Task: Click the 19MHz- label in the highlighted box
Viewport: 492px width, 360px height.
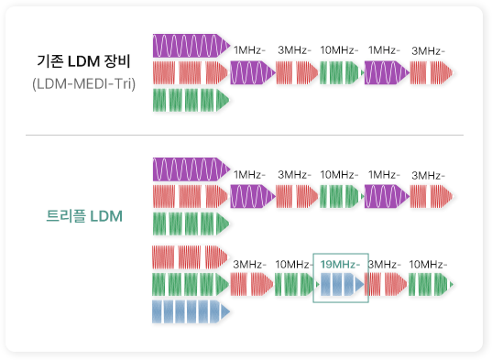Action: click(339, 265)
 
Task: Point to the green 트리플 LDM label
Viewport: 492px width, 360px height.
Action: click(84, 217)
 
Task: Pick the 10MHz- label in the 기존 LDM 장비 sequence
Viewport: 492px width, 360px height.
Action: click(339, 49)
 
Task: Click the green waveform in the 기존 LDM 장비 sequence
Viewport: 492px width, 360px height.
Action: click(339, 71)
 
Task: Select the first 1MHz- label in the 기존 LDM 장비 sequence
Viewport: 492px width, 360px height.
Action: click(250, 49)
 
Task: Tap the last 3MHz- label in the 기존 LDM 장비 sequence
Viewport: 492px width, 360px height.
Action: click(428, 49)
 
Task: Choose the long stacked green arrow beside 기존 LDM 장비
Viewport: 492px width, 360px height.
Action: click(191, 99)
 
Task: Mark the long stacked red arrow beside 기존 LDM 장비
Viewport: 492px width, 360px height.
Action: click(191, 71)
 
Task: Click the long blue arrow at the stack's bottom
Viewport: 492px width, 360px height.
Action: click(191, 311)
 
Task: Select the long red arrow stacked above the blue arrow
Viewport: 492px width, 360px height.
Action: click(191, 256)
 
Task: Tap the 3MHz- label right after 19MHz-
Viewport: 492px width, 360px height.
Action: click(384, 265)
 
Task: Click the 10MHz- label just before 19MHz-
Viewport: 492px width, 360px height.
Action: click(294, 265)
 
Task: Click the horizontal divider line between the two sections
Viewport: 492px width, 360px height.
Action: click(245, 135)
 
